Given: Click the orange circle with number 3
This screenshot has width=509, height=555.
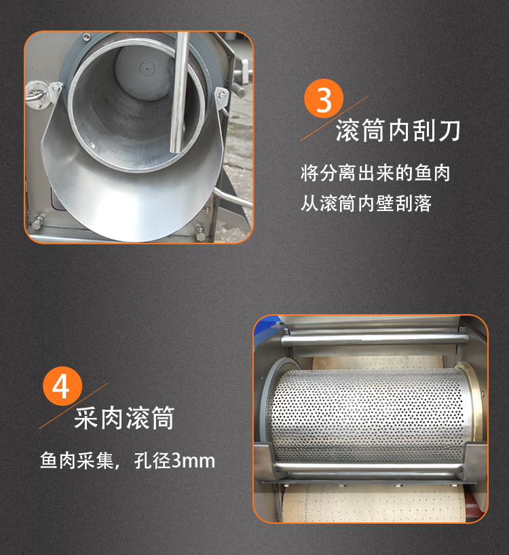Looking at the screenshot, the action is [324, 98].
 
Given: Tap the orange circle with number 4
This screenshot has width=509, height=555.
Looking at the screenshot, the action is [62, 386].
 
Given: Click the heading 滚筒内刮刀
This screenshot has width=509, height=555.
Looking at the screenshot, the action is [398, 131].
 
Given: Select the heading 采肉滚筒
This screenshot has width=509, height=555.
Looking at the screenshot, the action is [124, 418].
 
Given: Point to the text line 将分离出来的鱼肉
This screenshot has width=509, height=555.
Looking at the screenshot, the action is [375, 173].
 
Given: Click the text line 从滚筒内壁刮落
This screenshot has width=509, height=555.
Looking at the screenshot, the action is [366, 204].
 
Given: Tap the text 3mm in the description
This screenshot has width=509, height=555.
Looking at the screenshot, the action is [193, 461].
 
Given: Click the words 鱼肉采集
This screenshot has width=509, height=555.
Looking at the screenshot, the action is [77, 461].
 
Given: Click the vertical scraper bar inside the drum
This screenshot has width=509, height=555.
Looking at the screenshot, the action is [179, 92].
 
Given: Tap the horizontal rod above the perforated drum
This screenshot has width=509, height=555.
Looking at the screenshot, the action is [375, 341].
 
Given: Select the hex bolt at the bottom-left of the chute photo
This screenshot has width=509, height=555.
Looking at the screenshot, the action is [38, 222].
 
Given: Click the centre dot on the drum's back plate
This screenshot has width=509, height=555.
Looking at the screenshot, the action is [145, 68].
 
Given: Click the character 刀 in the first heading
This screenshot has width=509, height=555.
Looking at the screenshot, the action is [449, 131].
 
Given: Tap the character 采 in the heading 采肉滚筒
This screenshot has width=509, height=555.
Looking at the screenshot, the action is [86, 418].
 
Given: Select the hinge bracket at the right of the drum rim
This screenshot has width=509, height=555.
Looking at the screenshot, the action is [221, 98].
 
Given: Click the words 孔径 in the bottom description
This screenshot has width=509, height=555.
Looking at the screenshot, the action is [153, 461].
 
